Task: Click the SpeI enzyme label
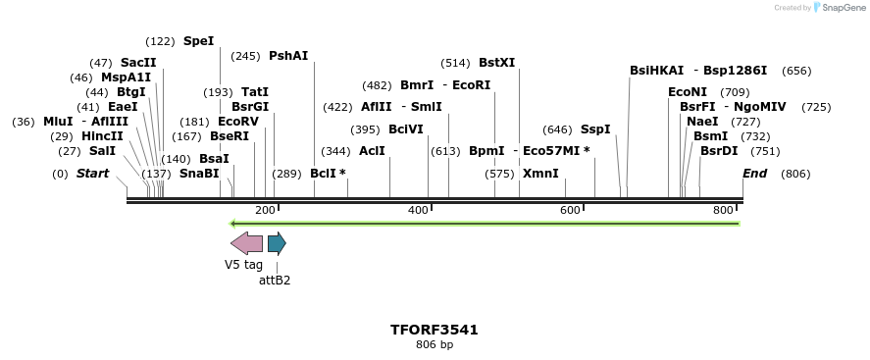[x=198, y=41]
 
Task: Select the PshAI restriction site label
[x=288, y=56]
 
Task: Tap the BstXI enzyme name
[x=496, y=63]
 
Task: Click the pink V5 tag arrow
[x=246, y=243]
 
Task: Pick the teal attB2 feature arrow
[x=277, y=243]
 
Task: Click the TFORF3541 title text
[x=435, y=330]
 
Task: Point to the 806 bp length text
[x=435, y=344]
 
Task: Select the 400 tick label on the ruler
[x=419, y=211]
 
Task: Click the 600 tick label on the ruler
[x=570, y=211]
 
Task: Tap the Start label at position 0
[x=93, y=174]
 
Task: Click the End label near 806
[x=754, y=174]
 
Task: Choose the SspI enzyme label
[x=594, y=129]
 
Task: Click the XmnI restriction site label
[x=540, y=174]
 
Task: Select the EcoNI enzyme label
[x=687, y=92]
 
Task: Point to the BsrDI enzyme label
[x=718, y=151]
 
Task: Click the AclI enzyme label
[x=372, y=151]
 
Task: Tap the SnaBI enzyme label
[x=199, y=174]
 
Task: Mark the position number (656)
[x=796, y=71]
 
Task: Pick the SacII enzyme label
[x=138, y=63]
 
